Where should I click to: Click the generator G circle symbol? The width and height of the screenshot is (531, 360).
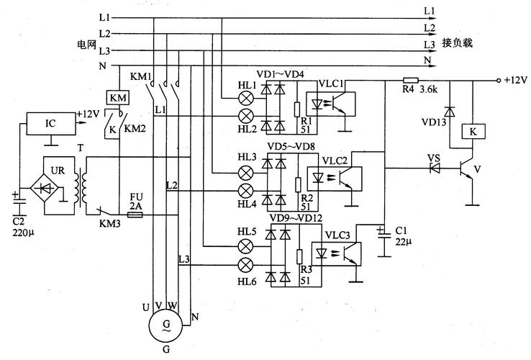pos(166,325)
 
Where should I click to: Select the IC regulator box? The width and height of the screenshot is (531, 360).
pos(51,123)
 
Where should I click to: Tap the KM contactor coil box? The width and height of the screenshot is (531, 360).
pos(118,98)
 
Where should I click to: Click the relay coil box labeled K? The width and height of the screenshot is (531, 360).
pos(473,131)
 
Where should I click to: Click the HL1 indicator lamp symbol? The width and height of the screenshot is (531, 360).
pos(246,99)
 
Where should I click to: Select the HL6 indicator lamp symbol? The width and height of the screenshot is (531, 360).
pos(246,265)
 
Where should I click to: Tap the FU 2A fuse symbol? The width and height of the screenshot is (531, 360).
pos(135,215)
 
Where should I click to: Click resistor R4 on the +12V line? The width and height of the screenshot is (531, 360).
pos(410,81)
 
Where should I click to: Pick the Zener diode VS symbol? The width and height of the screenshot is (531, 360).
pos(435,168)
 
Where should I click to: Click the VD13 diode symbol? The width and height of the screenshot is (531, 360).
pos(450,112)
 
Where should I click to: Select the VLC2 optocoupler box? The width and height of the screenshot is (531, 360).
pos(335,179)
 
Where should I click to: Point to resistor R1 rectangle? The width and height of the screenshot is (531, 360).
pos(297,109)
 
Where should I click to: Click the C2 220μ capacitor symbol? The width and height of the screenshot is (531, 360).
pos(19,200)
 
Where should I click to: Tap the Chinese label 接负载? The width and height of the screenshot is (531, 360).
pos(457,43)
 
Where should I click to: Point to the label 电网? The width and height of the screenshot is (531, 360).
pos(86,45)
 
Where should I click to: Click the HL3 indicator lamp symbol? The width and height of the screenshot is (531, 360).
pos(246,174)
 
